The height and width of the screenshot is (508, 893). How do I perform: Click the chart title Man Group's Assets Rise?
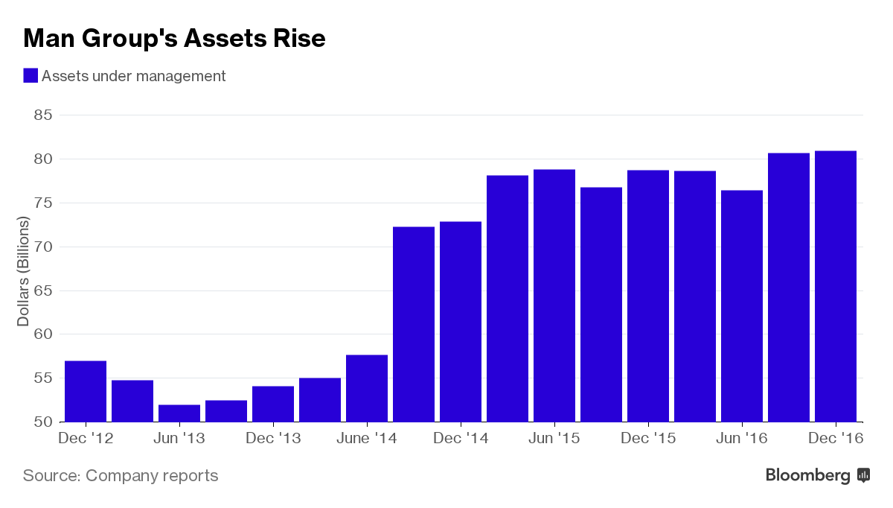pyautogui.click(x=174, y=39)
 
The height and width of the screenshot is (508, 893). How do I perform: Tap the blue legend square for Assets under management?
pyautogui.click(x=31, y=76)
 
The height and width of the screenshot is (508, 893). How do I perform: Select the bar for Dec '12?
pyautogui.click(x=86, y=391)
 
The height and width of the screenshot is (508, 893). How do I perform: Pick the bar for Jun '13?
pyautogui.click(x=179, y=413)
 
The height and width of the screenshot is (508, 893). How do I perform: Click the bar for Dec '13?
pyautogui.click(x=273, y=404)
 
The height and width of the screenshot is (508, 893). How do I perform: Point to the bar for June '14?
pyautogui.click(x=367, y=388)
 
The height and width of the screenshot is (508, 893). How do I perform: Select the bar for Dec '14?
pyautogui.click(x=461, y=322)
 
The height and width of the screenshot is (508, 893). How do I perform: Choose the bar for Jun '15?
pyautogui.click(x=554, y=296)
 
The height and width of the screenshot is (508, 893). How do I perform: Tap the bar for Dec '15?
pyautogui.click(x=648, y=296)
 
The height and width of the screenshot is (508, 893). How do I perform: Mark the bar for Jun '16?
pyautogui.click(x=742, y=306)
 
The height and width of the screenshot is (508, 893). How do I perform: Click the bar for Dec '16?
pyautogui.click(x=836, y=287)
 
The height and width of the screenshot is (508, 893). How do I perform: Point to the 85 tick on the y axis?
pyautogui.click(x=43, y=115)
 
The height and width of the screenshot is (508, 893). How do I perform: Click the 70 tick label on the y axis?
pyautogui.click(x=43, y=247)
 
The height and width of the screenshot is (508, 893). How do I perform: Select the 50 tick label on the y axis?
pyautogui.click(x=43, y=422)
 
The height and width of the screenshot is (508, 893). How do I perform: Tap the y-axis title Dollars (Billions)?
pyautogui.click(x=23, y=271)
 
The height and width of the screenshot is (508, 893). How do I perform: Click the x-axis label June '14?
pyautogui.click(x=367, y=439)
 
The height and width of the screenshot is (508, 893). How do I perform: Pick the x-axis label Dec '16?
pyautogui.click(x=836, y=439)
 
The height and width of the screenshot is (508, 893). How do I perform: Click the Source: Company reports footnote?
pyautogui.click(x=121, y=475)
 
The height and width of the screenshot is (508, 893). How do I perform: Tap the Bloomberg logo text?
pyautogui.click(x=808, y=475)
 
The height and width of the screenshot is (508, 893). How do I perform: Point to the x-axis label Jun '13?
pyautogui.click(x=179, y=439)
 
